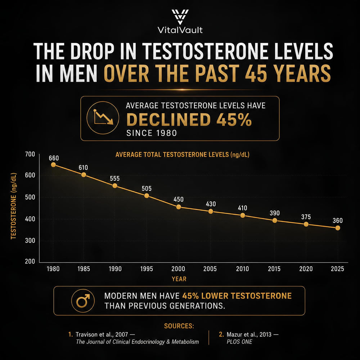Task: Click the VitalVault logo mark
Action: (180, 17)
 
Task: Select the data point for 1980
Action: (53, 165)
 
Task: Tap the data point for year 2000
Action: (179, 207)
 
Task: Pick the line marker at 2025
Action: (338, 228)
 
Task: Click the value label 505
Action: (147, 189)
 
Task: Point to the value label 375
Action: (306, 217)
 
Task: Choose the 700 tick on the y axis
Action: (30, 154)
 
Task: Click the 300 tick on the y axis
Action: (30, 240)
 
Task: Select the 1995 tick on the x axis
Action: (147, 269)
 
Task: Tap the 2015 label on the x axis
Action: (274, 269)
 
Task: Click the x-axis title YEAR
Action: (179, 279)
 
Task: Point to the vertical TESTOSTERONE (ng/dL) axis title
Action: (14, 206)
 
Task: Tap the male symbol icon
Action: (83, 301)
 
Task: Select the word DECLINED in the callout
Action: (168, 120)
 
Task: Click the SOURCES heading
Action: (179, 326)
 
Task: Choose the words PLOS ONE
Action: (239, 342)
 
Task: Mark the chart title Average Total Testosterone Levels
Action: (172, 154)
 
